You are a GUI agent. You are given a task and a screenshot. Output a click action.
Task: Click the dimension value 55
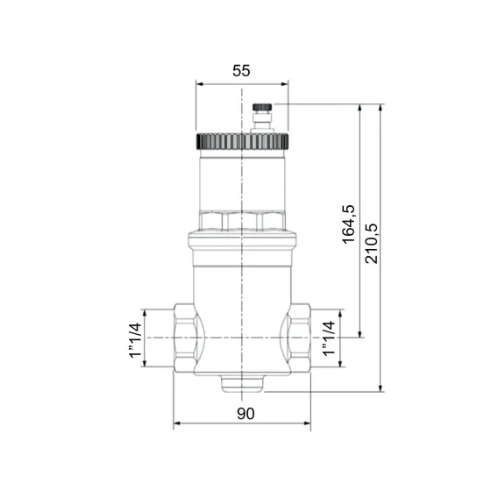click(241, 72)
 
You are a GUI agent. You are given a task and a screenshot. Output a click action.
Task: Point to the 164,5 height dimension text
click(348, 224)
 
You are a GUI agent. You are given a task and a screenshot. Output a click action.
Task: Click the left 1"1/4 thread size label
click(133, 338)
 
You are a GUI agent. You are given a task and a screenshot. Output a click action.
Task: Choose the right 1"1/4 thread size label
click(329, 338)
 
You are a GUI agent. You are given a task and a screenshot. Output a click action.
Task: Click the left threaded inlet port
click(186, 338)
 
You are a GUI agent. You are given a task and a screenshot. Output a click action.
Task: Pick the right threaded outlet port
click(298, 338)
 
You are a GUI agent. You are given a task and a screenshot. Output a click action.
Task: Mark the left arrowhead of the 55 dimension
click(198, 86)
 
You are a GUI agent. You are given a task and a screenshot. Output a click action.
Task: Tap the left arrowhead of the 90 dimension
click(176, 424)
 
